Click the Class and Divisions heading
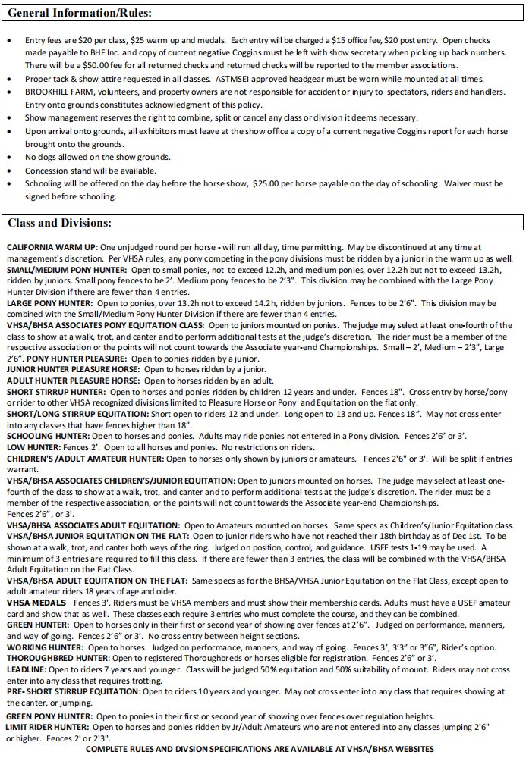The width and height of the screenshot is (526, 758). [60, 223]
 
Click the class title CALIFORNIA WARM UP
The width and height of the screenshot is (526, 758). [51, 248]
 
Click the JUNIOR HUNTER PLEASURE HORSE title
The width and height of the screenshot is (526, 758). [71, 368]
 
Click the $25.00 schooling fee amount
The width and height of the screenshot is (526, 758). [269, 183]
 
